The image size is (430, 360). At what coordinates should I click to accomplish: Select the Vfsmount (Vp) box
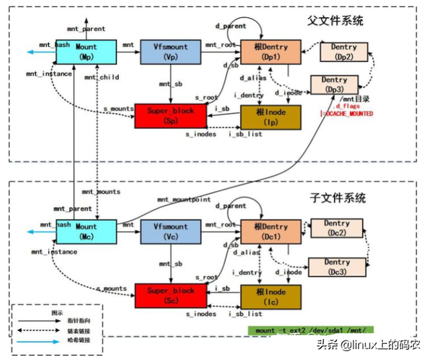pos(171,52)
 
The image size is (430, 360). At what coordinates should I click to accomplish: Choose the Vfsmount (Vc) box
pos(171,231)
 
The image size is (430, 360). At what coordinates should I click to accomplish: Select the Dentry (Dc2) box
pos(335,228)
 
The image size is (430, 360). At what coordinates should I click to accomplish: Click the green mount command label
pos(310,330)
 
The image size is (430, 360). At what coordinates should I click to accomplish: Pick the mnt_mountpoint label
pos(183,200)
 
